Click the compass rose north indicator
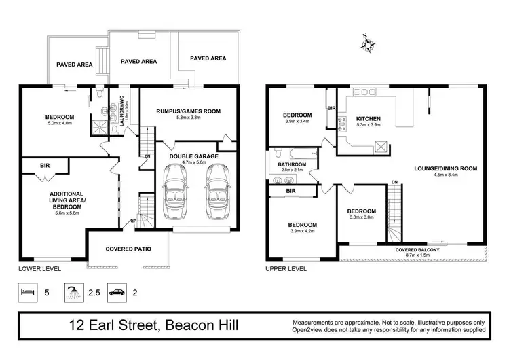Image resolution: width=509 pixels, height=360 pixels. click(x=369, y=46)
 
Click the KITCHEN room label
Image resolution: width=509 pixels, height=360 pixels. click(x=369, y=119)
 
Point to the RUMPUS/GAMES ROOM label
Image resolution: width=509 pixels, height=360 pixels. click(x=188, y=111)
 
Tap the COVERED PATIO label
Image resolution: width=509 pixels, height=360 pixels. click(x=128, y=249)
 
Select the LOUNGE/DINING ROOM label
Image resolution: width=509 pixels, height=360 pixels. click(x=447, y=168)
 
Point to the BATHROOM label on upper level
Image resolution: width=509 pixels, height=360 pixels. click(x=292, y=164)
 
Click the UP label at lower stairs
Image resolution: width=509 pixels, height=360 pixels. click(x=133, y=221)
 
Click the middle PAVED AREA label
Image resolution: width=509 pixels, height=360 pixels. click(x=138, y=62)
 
